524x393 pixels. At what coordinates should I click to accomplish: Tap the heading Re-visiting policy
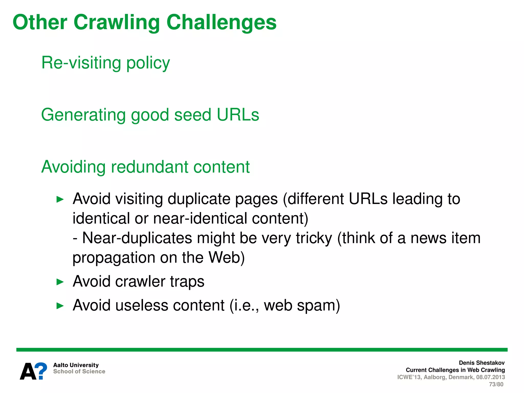pos(105,63)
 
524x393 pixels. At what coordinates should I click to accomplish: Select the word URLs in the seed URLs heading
pos(238,115)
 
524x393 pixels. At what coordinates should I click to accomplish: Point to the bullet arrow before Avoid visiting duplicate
pos(60,199)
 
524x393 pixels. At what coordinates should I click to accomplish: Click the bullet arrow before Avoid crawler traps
pos(60,282)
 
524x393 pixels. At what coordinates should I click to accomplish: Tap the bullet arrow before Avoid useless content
pos(60,306)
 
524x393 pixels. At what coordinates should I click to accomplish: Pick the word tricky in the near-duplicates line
pos(314,238)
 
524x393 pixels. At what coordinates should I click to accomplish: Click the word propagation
pos(114,258)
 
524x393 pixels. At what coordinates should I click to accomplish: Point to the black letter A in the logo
pos(28,372)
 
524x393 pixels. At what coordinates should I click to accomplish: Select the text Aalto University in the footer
pos(76,365)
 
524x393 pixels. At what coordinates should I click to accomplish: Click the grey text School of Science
pos(79,372)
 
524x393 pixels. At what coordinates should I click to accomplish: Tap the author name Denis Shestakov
pos(482,363)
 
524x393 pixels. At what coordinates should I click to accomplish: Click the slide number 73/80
pos(496,384)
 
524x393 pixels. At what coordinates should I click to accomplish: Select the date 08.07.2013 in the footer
pos(490,377)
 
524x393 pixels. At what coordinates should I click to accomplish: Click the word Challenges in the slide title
pos(221,23)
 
